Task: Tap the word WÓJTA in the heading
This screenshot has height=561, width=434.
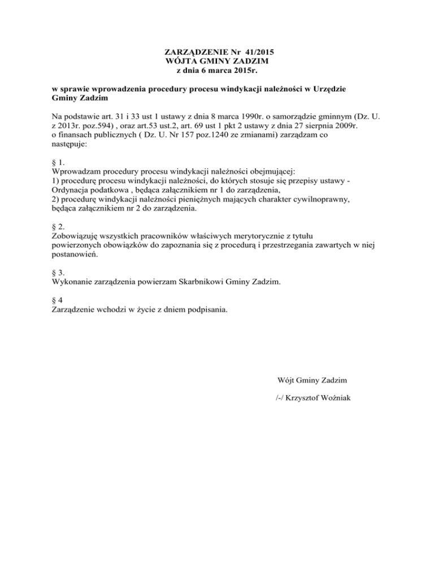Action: [180, 61]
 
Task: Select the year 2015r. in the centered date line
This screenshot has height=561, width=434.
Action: [234, 70]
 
